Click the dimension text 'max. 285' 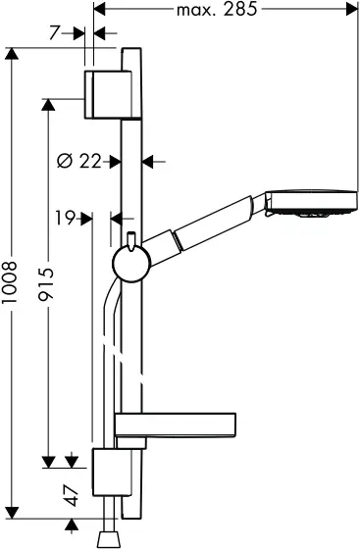pos(217,11)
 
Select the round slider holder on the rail pos(127,262)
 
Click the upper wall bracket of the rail pos(107,94)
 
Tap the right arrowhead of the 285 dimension pos(349,11)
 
